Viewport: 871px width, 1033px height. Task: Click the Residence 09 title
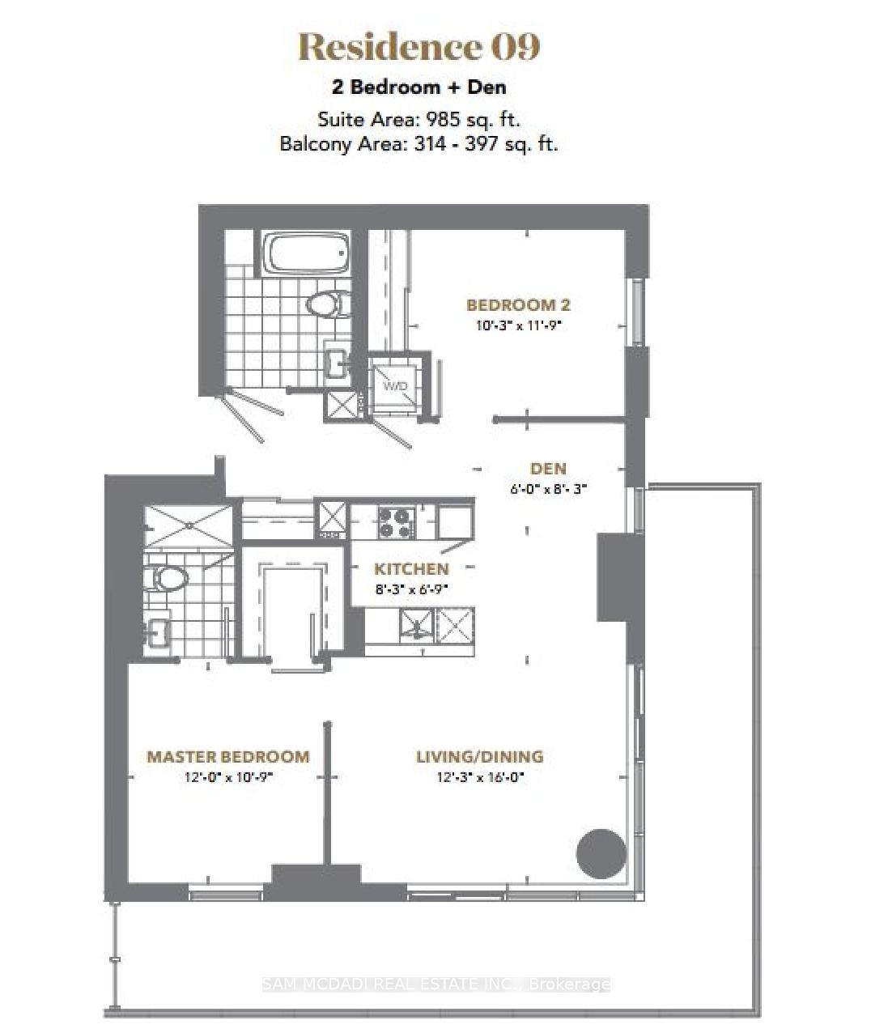point(419,47)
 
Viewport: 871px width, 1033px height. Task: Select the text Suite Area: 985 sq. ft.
point(419,119)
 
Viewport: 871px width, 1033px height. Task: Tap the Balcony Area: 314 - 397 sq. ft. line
point(419,144)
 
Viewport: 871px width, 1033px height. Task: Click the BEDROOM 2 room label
point(518,305)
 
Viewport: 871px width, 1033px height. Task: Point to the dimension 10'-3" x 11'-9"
point(518,325)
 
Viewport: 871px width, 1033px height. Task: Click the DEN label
point(548,469)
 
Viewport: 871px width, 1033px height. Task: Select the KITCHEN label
point(411,569)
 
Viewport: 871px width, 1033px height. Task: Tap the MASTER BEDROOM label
point(227,757)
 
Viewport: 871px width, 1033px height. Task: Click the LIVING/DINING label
point(479,757)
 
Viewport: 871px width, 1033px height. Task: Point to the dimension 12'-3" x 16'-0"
point(479,777)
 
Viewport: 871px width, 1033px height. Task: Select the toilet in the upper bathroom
point(328,304)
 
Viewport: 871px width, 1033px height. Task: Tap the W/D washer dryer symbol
point(395,386)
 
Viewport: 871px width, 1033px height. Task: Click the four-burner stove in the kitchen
point(395,521)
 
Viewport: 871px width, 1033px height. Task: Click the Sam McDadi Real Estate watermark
point(435,984)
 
